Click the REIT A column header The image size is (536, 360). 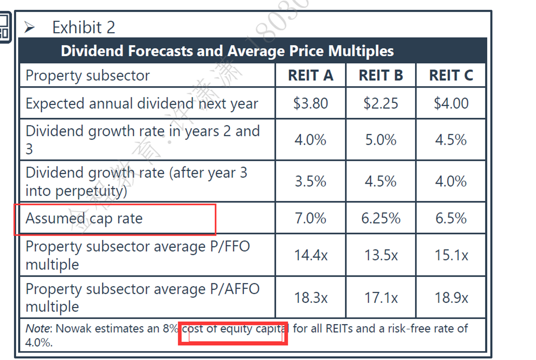311,76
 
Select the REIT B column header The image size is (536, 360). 381,76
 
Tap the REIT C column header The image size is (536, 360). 451,76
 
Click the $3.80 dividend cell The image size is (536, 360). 311,103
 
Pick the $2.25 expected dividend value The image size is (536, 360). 381,103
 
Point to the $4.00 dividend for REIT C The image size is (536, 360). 451,103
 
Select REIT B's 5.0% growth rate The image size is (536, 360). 381,140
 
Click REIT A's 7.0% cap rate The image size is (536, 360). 311,218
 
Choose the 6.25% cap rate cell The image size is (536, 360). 381,218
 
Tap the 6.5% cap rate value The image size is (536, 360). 451,218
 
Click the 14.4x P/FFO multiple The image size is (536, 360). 311,255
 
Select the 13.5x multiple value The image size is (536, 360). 381,255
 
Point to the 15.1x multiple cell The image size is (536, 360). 451,255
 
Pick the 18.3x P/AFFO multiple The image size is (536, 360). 311,298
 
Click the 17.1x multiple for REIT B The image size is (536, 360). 381,298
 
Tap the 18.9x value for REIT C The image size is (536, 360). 451,298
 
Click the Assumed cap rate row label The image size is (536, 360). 84,218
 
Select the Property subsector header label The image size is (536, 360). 88,76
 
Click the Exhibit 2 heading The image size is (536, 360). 83,27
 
